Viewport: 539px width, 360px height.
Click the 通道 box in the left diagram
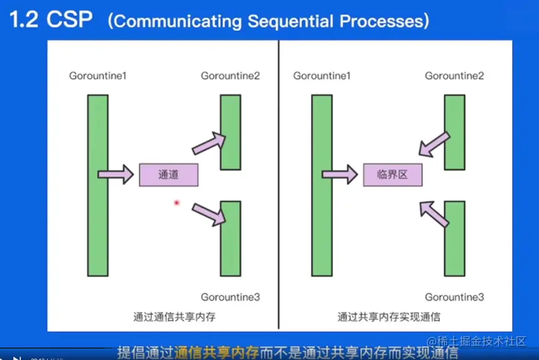[168, 175]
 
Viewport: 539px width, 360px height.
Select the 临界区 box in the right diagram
[393, 175]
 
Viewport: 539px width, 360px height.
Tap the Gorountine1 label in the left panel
[98, 76]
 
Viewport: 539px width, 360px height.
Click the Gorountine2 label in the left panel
[230, 76]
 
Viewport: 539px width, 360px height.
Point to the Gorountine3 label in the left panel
[230, 297]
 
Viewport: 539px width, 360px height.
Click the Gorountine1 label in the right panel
[322, 76]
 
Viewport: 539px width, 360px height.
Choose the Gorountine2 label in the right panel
[454, 76]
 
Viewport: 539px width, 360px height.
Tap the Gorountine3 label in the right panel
[454, 297]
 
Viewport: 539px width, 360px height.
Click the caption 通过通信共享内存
[174, 316]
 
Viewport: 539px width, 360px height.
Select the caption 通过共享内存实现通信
[389, 316]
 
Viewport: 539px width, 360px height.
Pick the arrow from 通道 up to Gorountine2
[209, 143]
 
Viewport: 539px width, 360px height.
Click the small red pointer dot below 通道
[177, 202]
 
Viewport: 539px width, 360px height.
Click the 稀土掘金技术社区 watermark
[480, 341]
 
